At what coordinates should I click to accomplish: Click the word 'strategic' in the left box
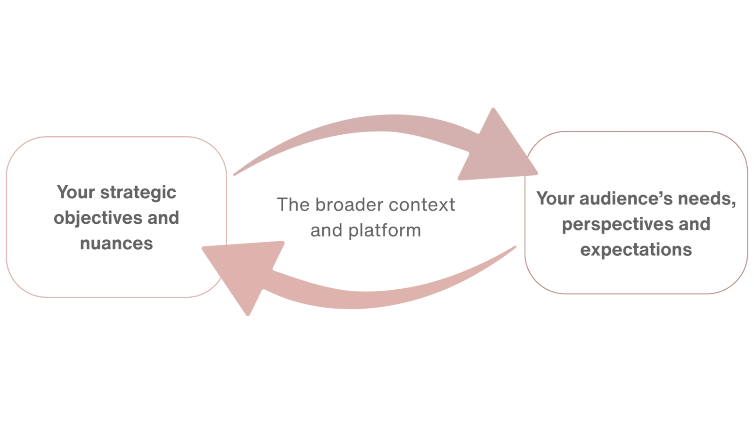click(x=138, y=193)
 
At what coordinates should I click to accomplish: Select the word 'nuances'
click(x=117, y=244)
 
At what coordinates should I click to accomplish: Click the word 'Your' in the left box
click(x=76, y=192)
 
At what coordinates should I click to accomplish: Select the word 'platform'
click(x=384, y=231)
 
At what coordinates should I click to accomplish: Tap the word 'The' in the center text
click(x=293, y=205)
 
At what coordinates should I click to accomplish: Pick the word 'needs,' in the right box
click(x=707, y=199)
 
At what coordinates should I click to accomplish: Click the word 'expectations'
click(x=636, y=249)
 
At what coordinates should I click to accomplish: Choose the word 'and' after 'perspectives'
click(x=694, y=224)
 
